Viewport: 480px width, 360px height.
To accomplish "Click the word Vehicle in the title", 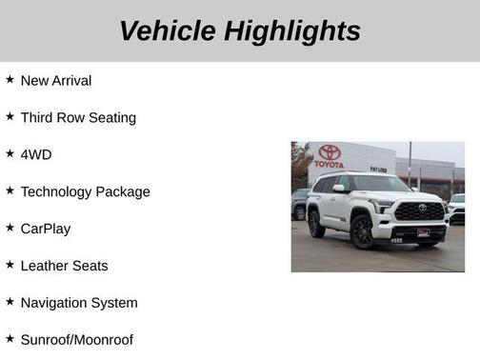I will (168, 30).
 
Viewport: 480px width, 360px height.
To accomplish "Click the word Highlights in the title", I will (292, 30).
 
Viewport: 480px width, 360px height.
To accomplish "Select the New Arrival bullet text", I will (56, 81).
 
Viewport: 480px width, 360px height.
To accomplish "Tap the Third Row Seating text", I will (78, 118).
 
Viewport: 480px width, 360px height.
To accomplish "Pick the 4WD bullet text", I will (37, 154).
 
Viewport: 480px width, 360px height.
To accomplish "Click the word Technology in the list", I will (57, 191).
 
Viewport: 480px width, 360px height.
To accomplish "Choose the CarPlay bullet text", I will (46, 229).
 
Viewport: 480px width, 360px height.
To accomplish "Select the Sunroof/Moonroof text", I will (77, 340).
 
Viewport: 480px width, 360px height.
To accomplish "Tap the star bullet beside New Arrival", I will (10, 80).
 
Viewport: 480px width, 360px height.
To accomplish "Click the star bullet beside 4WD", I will (10, 153).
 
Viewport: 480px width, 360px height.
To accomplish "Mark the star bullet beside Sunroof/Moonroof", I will (10, 339).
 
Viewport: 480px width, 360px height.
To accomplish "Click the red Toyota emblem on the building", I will (330, 151).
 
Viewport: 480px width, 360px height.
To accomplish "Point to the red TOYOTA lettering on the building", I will (329, 164).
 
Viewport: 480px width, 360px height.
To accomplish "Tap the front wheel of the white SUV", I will (362, 230).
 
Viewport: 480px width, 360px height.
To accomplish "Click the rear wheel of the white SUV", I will (316, 224).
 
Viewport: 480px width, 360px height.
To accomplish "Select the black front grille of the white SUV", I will (418, 211).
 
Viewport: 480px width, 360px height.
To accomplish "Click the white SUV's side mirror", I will (339, 189).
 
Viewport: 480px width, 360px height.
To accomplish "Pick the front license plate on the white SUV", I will (423, 231).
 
